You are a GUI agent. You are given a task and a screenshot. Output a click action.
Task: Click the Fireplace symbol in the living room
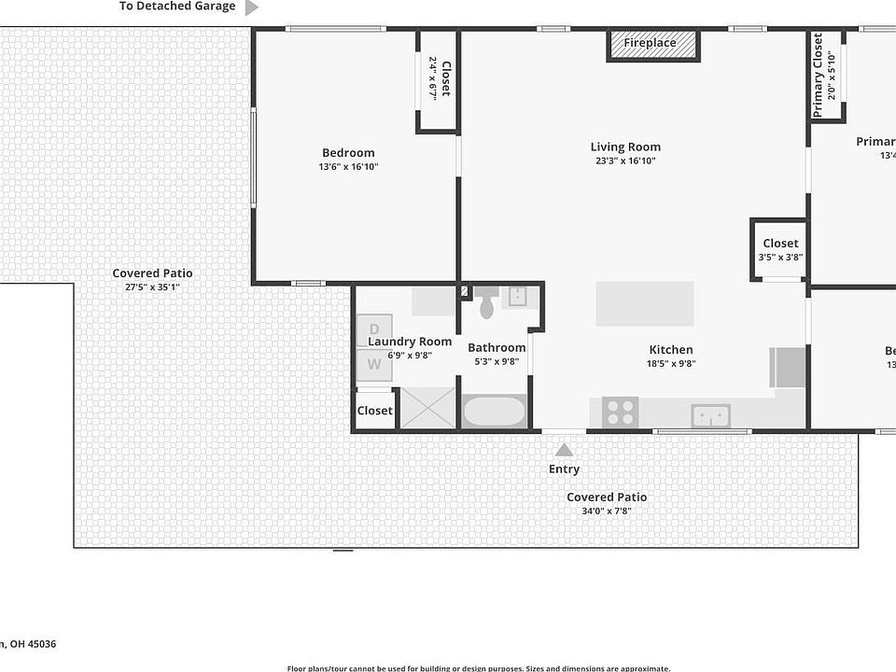[x=653, y=44]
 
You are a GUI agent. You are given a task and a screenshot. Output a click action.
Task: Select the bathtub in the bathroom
[x=494, y=412]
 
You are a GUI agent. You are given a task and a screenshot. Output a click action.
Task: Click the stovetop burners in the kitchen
[x=620, y=411]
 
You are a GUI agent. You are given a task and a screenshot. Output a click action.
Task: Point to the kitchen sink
[x=710, y=415]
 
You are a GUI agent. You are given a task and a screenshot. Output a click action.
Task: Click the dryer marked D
[x=374, y=330]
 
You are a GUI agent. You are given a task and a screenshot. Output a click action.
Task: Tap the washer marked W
[x=374, y=365]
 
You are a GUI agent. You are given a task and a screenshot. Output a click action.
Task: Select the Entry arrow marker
[x=564, y=450]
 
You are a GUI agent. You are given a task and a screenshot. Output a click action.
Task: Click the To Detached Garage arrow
[x=251, y=7]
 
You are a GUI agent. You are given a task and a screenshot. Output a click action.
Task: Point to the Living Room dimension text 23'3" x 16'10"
[x=625, y=161]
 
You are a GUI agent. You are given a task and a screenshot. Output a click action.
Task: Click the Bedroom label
[x=348, y=153]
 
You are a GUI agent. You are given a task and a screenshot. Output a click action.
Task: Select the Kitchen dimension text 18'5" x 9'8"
[x=670, y=364]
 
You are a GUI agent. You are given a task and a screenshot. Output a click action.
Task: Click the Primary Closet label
[x=819, y=75]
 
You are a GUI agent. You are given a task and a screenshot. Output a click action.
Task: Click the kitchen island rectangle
[x=645, y=303]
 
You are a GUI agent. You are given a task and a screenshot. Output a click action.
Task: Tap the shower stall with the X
[x=428, y=408]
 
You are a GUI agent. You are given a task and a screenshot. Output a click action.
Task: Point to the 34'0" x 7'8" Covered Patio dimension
[x=606, y=511]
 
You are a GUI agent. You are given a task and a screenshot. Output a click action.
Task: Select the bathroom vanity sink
[x=519, y=297]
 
